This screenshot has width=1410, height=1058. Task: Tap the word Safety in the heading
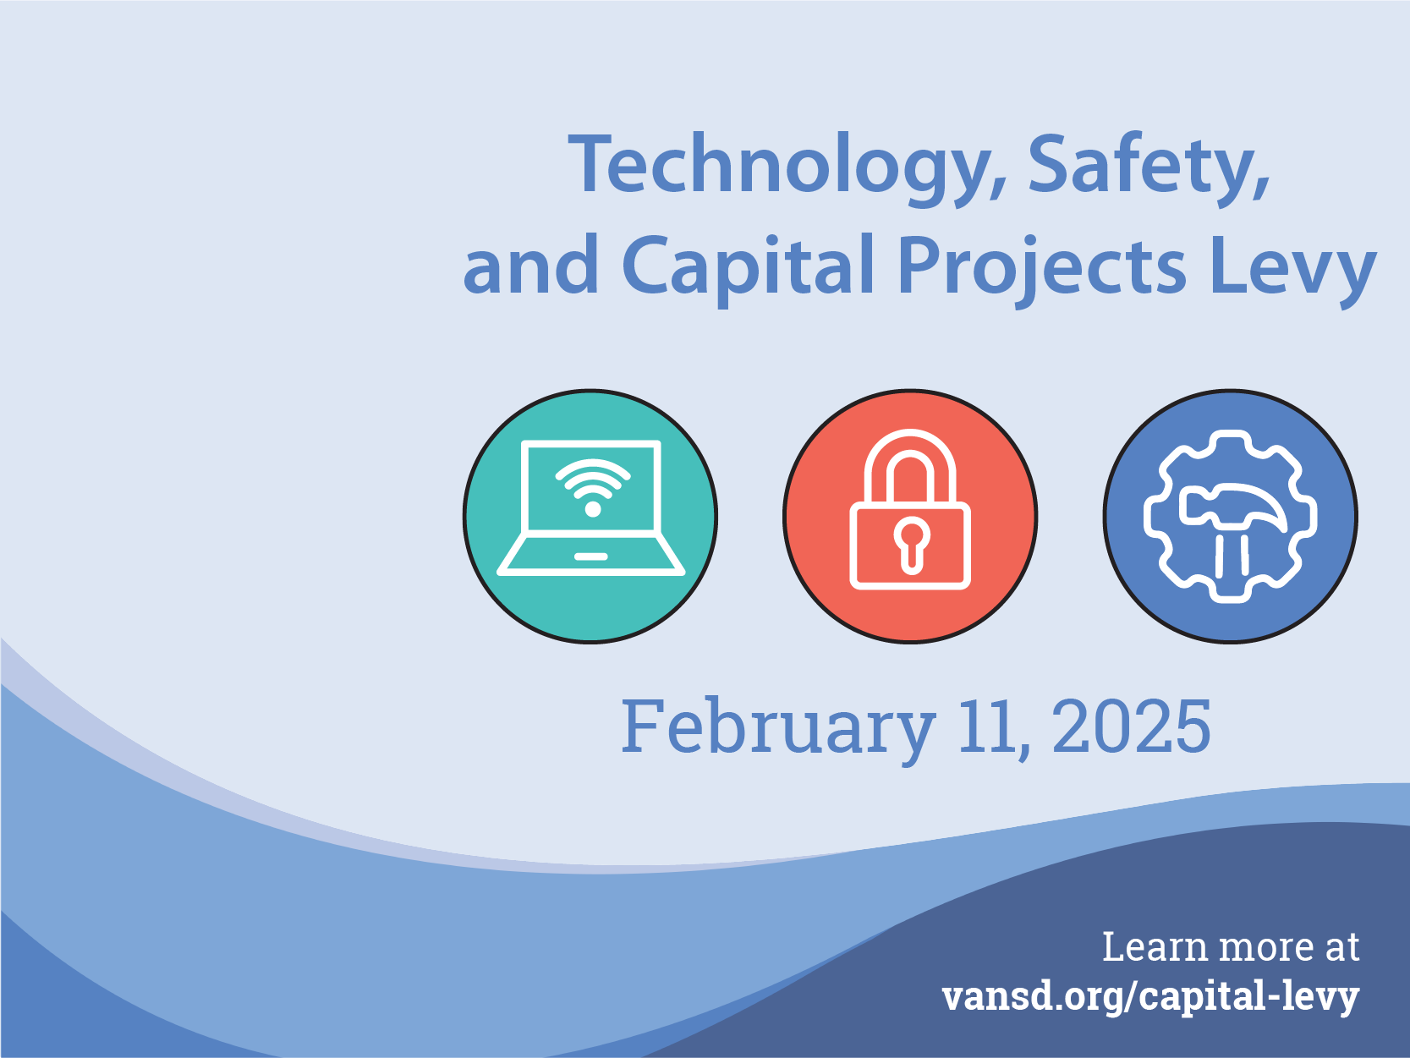(1149, 168)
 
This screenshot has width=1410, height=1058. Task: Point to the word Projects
(1041, 270)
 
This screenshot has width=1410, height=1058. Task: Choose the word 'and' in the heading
(530, 266)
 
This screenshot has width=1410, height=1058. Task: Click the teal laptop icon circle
(590, 516)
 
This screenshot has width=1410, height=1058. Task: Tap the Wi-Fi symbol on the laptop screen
(593, 487)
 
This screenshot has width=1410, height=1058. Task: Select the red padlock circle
(910, 516)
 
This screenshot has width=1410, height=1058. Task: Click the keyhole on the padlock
(911, 545)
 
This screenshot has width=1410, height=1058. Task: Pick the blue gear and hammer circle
(1230, 516)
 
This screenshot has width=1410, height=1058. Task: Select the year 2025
(1131, 726)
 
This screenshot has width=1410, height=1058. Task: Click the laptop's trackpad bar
(590, 556)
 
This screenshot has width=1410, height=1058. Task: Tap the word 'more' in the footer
(1266, 950)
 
